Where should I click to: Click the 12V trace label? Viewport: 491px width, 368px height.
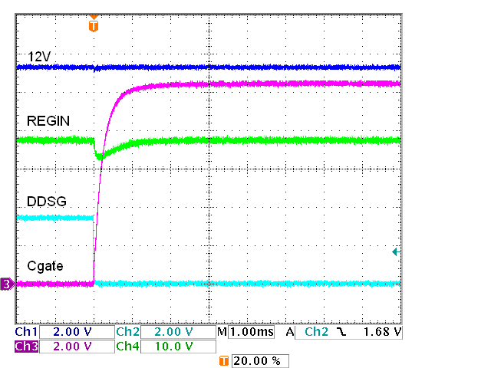40,58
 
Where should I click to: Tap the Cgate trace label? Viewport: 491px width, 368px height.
44,265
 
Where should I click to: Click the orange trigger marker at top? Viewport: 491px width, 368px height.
94,25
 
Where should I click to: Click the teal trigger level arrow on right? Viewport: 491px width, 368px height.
396,251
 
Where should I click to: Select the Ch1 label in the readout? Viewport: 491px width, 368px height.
26,333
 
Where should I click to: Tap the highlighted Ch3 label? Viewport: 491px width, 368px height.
26,346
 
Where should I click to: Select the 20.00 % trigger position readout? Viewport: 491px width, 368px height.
259,360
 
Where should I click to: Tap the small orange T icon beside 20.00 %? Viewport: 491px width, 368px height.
224,360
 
